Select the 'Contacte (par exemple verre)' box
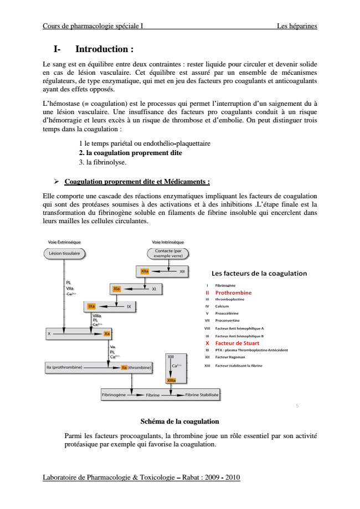point(168,253)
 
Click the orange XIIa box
point(145,271)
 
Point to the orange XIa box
point(117,289)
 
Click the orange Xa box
point(107,333)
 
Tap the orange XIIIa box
point(171,380)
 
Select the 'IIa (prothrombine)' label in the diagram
point(64,367)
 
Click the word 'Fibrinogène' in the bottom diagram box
point(115,395)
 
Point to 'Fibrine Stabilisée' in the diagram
point(202,395)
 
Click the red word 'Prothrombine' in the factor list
point(233,292)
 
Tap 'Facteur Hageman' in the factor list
point(233,357)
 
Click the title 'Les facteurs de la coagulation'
point(259,273)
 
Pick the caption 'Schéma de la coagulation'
point(179,421)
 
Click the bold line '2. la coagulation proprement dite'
point(130,152)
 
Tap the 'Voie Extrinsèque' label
point(64,243)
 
